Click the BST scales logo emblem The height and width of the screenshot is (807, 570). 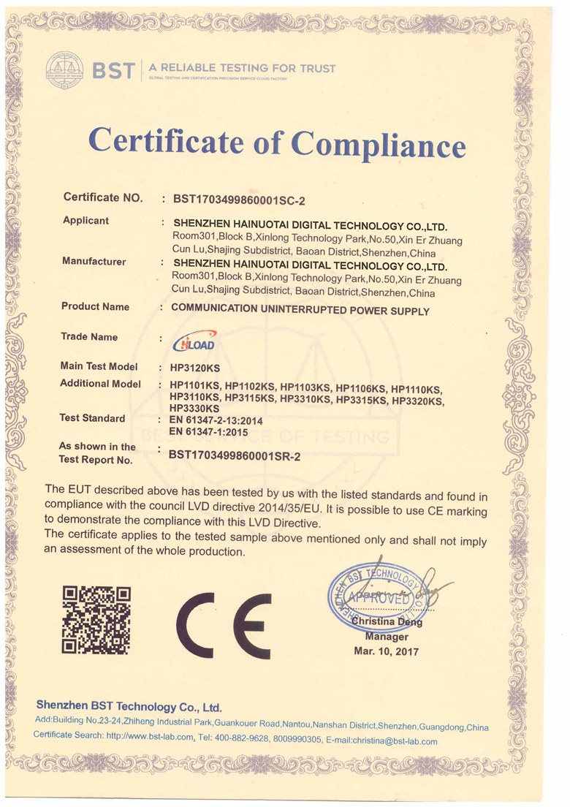tap(64, 69)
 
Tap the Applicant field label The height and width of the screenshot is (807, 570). tap(86, 220)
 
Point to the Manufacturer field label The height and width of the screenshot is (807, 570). tap(94, 261)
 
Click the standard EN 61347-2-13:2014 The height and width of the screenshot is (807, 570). tap(216, 421)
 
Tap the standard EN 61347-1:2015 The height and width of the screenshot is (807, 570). tap(209, 432)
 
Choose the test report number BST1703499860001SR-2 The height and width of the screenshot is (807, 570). tap(235, 455)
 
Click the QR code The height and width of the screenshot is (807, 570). tap(96, 619)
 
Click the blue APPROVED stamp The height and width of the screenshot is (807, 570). tap(379, 598)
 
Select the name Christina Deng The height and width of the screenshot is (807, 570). tap(387, 623)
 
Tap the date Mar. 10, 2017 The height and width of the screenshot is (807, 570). tap(386, 651)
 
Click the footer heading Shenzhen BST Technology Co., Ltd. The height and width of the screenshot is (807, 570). tap(129, 707)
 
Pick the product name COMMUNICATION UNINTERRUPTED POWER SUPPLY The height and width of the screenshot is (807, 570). tap(300, 309)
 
